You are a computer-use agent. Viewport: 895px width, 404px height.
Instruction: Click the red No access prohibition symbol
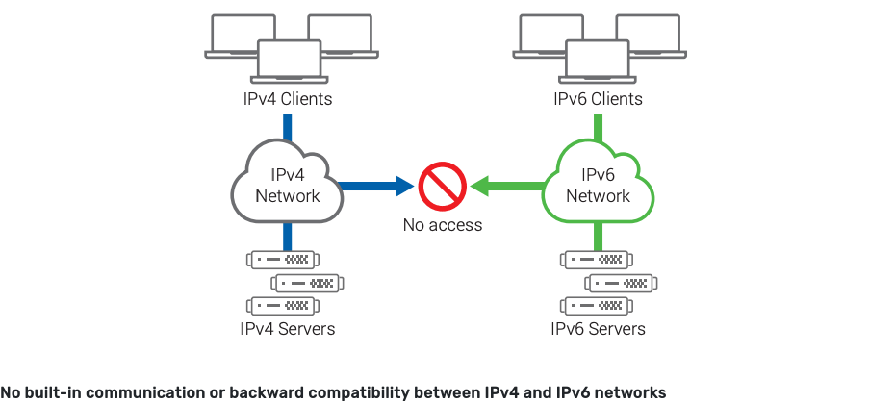pos(443,187)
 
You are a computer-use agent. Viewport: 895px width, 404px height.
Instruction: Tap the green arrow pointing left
pos(510,186)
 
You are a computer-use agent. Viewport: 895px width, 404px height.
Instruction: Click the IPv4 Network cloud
pos(288,185)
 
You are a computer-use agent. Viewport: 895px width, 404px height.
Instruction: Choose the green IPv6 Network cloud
pos(598,185)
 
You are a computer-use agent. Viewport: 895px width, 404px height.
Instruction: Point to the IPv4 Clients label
pos(287,99)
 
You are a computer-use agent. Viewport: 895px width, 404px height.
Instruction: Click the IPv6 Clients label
pos(598,99)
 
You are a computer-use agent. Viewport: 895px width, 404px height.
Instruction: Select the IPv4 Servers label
pos(288,329)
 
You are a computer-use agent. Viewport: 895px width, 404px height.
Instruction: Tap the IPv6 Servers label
pos(598,329)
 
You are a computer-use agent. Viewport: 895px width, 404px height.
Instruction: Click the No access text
pos(443,225)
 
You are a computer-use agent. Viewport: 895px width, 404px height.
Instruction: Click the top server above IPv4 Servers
pos(283,260)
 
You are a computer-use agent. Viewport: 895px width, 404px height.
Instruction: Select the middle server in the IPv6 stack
pos(622,283)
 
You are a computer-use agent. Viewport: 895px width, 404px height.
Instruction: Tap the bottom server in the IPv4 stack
pos(283,306)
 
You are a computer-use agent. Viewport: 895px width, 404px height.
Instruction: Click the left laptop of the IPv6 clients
pos(547,34)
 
